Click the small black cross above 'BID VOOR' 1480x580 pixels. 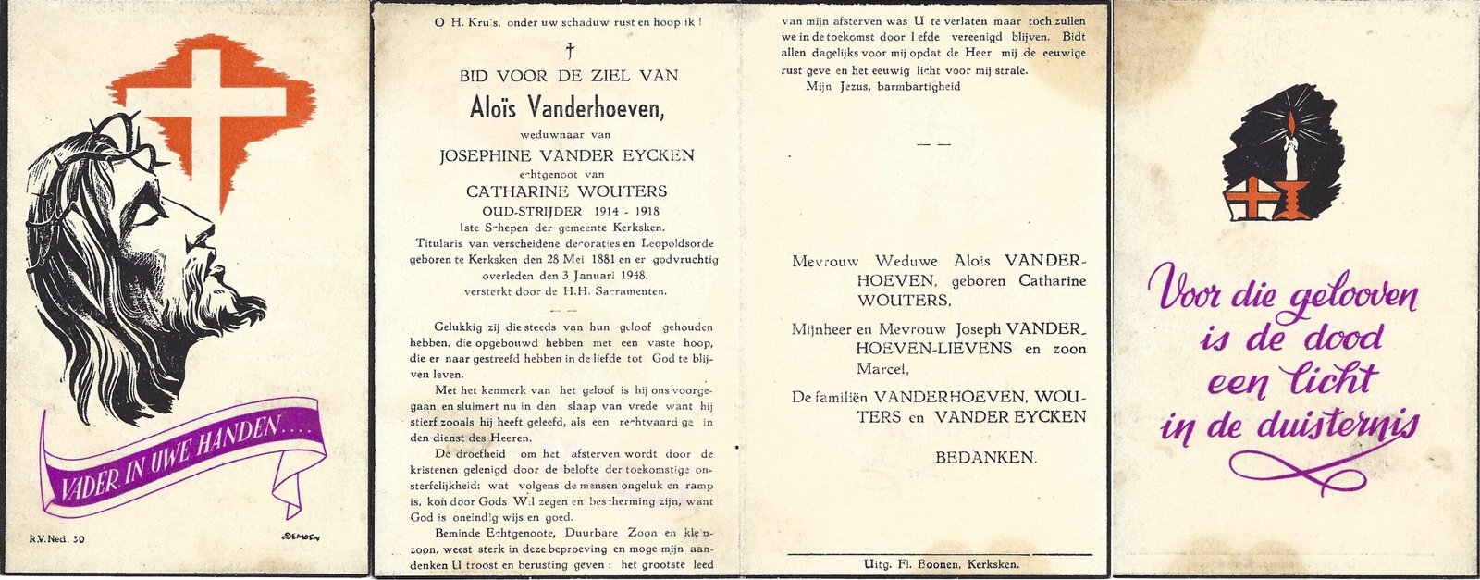pyautogui.click(x=570, y=50)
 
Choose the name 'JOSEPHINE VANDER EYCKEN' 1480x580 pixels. pyautogui.click(x=567, y=155)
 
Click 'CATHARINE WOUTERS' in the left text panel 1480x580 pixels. pyautogui.click(x=566, y=192)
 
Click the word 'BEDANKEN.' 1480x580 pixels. pyautogui.click(x=986, y=457)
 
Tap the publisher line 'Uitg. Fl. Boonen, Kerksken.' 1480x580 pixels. pyautogui.click(x=940, y=563)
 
